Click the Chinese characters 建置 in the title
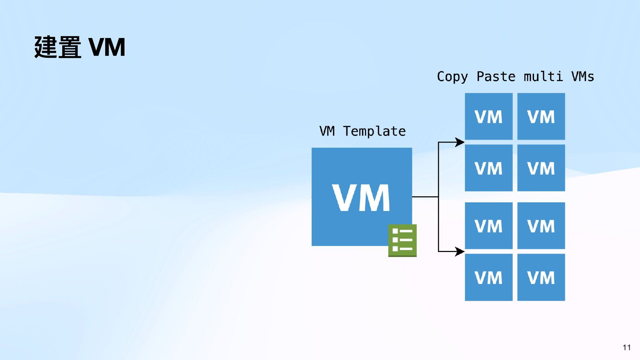click(58, 47)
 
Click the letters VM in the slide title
click(107, 47)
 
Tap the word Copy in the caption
click(452, 77)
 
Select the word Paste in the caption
click(496, 77)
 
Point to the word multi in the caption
click(543, 77)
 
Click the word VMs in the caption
click(582, 77)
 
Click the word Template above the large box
click(374, 131)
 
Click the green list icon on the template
click(402, 240)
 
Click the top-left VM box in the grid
click(488, 116)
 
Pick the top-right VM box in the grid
click(541, 116)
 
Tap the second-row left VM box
click(488, 168)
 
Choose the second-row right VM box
click(541, 168)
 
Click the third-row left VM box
click(488, 226)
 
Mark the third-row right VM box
click(541, 226)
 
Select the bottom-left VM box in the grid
click(488, 277)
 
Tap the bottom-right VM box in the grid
click(541, 277)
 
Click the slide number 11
click(626, 348)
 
